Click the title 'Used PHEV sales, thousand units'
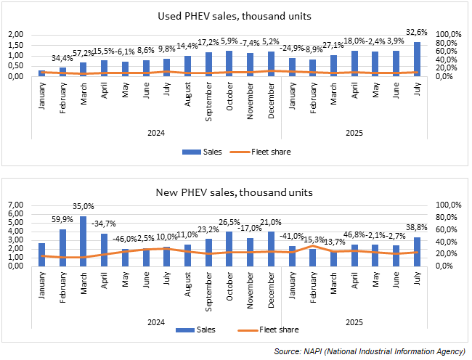pyautogui.click(x=236, y=16)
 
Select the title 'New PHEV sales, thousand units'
pyautogui.click(x=236, y=192)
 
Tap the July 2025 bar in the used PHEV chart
pyautogui.click(x=417, y=59)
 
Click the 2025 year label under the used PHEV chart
pyautogui.click(x=354, y=133)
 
